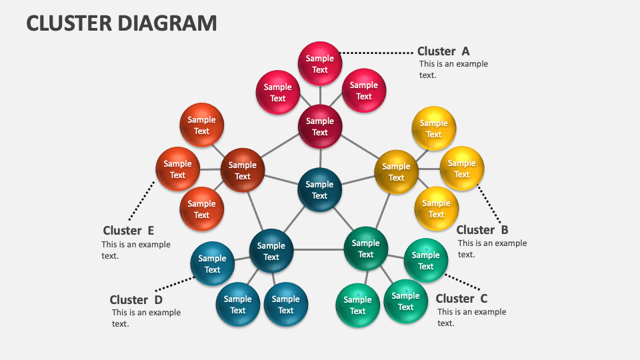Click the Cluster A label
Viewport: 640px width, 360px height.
click(443, 51)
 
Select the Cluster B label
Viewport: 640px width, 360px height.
click(482, 230)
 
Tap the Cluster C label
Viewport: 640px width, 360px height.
click(461, 299)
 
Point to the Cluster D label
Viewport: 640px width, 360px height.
click(136, 300)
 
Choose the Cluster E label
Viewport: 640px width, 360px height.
click(129, 231)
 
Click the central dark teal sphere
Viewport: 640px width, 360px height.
click(320, 190)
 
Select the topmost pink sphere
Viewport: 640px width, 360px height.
click(320, 64)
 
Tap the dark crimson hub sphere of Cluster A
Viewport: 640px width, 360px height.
click(320, 126)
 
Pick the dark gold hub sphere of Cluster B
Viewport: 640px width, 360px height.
click(396, 172)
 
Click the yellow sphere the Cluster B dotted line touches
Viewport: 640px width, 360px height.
click(461, 169)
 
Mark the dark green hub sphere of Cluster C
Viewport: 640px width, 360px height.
click(365, 249)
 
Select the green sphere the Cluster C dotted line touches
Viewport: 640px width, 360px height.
click(425, 261)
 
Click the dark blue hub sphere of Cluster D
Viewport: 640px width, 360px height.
click(271, 251)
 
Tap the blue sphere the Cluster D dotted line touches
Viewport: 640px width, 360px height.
click(213, 264)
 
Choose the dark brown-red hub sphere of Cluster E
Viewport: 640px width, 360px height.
click(243, 171)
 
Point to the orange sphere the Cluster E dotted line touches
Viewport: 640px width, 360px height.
click(177, 169)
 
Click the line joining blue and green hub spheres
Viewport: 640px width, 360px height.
click(318, 249)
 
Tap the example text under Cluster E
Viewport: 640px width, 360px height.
click(135, 250)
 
